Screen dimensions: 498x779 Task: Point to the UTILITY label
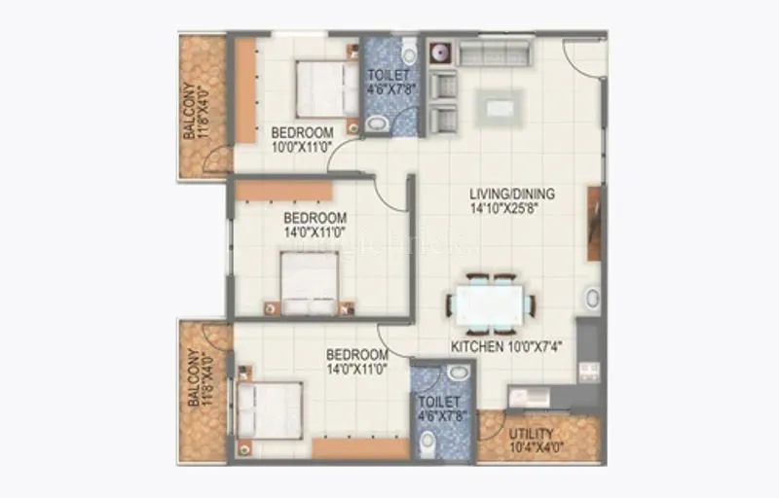(x=532, y=434)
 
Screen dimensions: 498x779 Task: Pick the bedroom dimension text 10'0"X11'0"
(x=302, y=147)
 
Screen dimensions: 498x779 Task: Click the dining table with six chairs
(x=490, y=302)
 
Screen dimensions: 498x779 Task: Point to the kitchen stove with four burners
(x=588, y=372)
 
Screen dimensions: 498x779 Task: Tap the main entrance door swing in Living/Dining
(x=582, y=58)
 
